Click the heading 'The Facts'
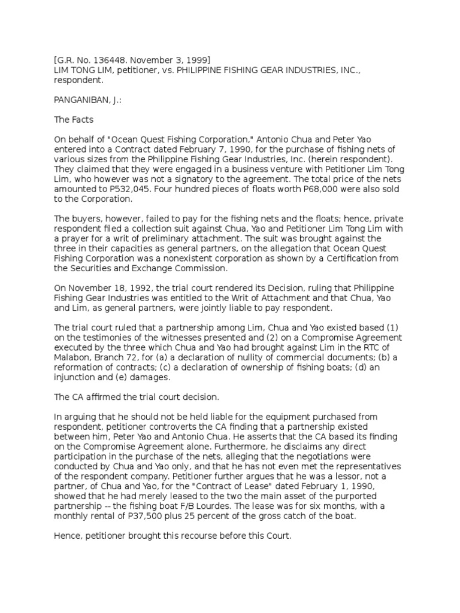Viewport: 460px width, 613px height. [73, 119]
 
